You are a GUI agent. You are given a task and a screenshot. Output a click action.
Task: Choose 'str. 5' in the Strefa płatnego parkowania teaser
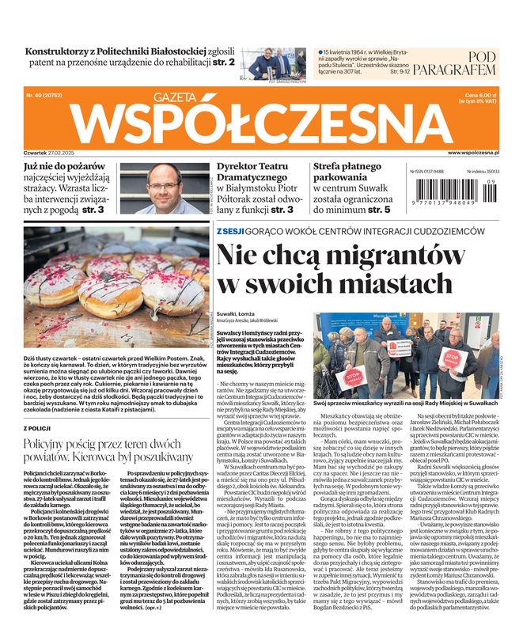coord(377,210)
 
